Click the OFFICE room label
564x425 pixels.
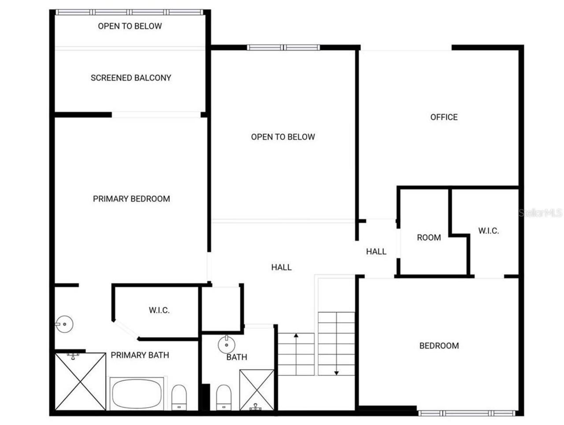(x=444, y=117)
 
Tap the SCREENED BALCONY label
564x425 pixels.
(x=131, y=78)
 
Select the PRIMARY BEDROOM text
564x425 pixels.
(x=131, y=199)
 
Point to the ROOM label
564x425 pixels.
(x=429, y=238)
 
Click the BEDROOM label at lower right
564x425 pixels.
(x=439, y=346)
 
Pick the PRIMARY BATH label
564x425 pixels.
(x=140, y=355)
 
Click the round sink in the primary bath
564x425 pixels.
(x=64, y=324)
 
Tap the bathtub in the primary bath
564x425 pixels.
(x=136, y=393)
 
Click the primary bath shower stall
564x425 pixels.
(x=80, y=381)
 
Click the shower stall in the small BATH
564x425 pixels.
(x=256, y=390)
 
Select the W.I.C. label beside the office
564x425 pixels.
(x=488, y=231)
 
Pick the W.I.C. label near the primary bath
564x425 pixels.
(x=159, y=310)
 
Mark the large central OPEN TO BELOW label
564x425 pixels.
(x=283, y=137)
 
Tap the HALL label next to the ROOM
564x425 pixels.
(x=376, y=252)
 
